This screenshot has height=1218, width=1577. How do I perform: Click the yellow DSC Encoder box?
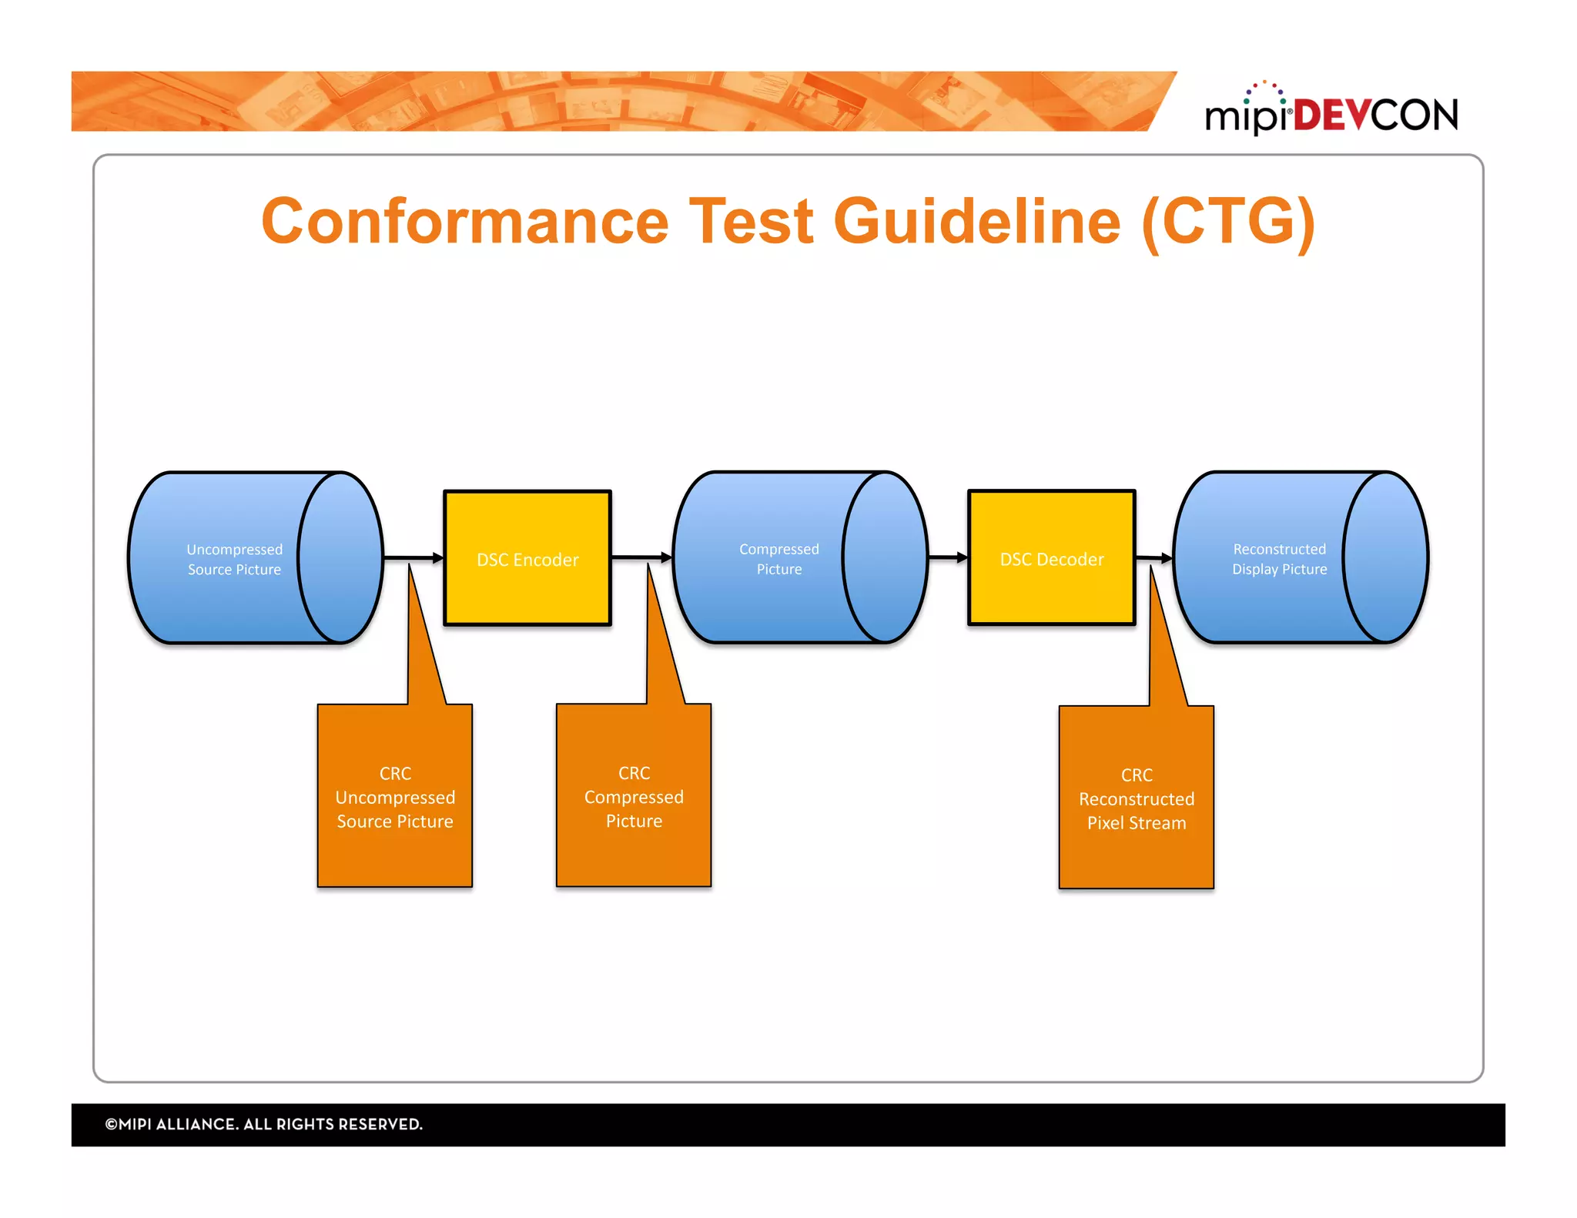point(527,559)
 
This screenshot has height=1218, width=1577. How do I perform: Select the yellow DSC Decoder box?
point(1051,559)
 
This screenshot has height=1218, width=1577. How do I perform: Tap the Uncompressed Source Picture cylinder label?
point(234,560)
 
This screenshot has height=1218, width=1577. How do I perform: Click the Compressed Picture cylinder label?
point(778,559)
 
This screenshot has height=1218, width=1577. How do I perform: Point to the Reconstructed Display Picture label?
point(1279,559)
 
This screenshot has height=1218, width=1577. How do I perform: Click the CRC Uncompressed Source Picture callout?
point(395,797)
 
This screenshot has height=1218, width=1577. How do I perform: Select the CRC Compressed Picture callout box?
point(634,797)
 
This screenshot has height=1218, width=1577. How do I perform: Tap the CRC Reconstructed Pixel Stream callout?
point(1136,798)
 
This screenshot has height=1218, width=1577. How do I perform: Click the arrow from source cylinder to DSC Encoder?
point(413,557)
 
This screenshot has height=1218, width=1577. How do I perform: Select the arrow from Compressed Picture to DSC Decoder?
point(947,557)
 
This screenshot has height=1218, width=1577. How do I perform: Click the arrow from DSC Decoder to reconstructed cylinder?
point(1153,557)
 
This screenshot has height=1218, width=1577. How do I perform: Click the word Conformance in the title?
point(465,222)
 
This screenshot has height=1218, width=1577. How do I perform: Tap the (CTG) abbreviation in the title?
point(1228,222)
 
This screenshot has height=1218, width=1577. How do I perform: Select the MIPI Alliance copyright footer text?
point(264,1124)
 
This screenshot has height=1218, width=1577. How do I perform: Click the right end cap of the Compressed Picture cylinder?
point(886,557)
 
